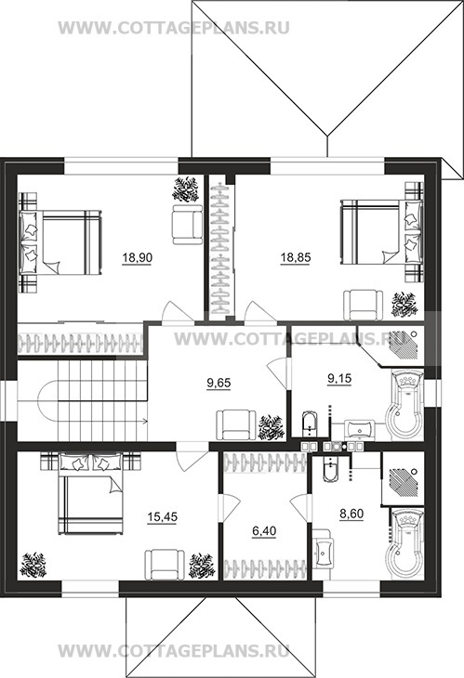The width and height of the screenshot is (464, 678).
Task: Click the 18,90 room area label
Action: (x=137, y=258)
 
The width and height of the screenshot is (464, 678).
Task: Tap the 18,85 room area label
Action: (x=296, y=258)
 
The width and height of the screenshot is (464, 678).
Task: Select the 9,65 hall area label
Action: (x=219, y=383)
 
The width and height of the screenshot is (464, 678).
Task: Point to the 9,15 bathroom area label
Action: (x=339, y=379)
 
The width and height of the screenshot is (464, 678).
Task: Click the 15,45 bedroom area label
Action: (x=163, y=516)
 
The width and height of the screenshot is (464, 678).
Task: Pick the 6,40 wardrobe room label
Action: (x=264, y=531)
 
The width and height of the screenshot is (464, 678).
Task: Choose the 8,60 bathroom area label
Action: (x=351, y=515)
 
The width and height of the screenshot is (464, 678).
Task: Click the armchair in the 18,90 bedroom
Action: (x=187, y=225)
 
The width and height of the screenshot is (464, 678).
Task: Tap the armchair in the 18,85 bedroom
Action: (x=364, y=305)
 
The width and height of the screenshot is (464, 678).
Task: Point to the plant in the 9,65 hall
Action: (x=272, y=427)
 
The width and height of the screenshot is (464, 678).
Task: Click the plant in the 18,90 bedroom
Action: (x=186, y=189)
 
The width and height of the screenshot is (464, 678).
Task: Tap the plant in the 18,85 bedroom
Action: (x=404, y=305)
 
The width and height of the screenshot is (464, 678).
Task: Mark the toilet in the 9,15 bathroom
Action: (x=309, y=423)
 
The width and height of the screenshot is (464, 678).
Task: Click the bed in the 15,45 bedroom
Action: (x=91, y=493)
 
